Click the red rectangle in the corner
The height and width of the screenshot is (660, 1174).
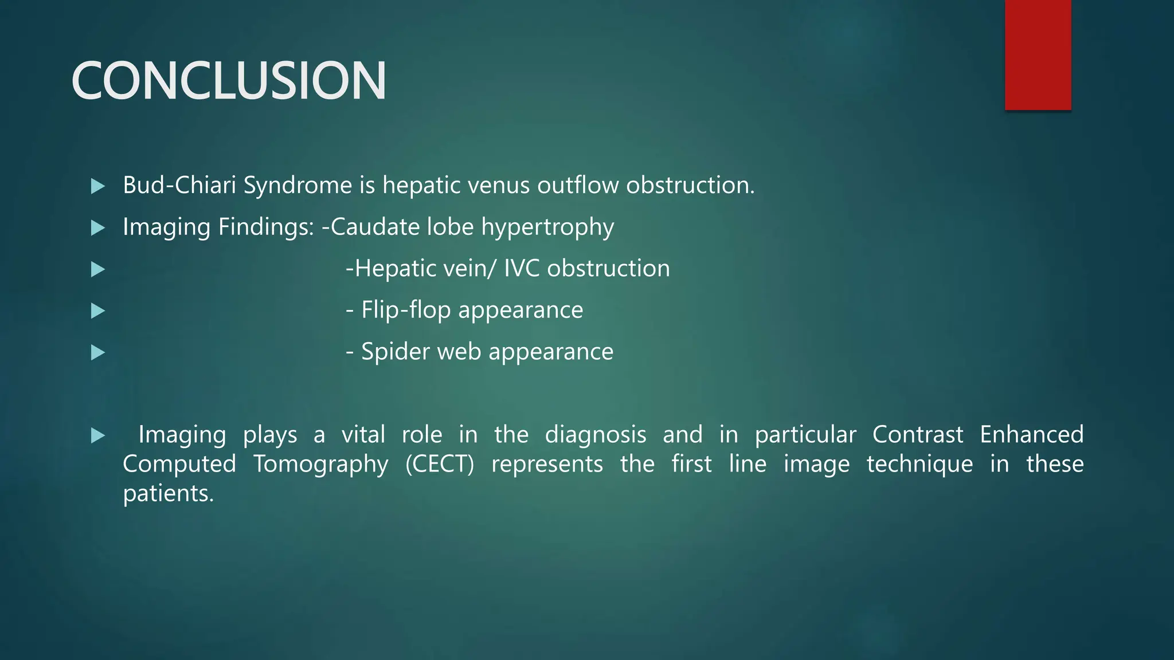[x=1038, y=54]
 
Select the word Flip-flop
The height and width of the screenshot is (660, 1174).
[x=406, y=310]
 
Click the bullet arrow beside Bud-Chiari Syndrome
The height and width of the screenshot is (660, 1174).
[x=98, y=186]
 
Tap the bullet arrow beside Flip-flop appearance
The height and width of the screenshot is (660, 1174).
[x=98, y=311]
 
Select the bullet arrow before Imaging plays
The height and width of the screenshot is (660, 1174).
[x=98, y=436]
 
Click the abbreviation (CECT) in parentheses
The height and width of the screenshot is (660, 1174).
[x=440, y=464]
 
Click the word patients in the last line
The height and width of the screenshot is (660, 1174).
[x=167, y=494]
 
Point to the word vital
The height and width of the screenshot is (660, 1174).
[x=363, y=435]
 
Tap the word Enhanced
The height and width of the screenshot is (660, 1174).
[x=1031, y=435]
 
